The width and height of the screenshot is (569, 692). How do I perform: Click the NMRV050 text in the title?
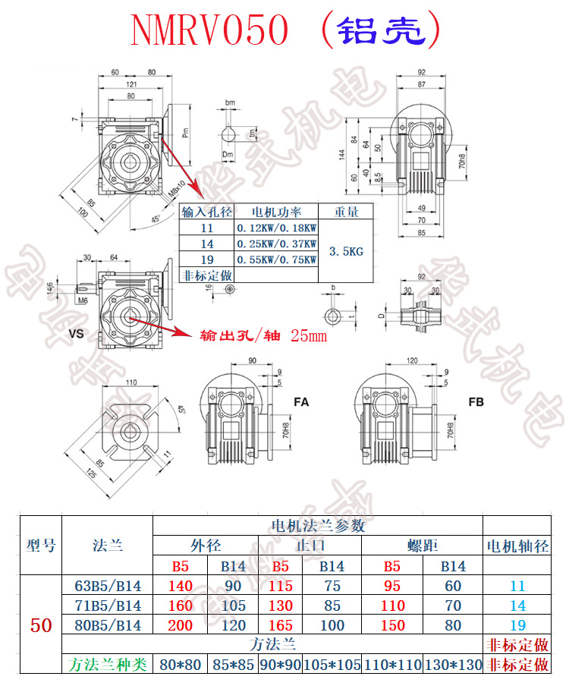[210, 31]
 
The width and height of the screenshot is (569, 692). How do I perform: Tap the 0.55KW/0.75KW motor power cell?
[276, 259]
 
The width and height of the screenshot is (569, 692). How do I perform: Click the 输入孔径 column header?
[206, 212]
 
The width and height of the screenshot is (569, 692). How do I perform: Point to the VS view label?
[75, 332]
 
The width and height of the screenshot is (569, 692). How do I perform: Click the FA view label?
[300, 401]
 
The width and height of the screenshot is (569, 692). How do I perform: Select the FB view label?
[476, 401]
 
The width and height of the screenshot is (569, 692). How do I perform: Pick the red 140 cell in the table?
[183, 586]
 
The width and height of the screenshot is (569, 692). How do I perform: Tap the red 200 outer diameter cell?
[183, 625]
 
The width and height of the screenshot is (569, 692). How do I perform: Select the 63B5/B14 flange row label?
[107, 586]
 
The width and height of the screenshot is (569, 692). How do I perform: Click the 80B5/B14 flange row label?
[107, 625]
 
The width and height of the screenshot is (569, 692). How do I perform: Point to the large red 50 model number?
[41, 625]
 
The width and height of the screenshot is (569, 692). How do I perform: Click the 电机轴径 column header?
[517, 546]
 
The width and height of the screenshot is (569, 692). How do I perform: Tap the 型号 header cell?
[41, 546]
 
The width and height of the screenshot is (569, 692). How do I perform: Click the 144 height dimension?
[342, 154]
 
